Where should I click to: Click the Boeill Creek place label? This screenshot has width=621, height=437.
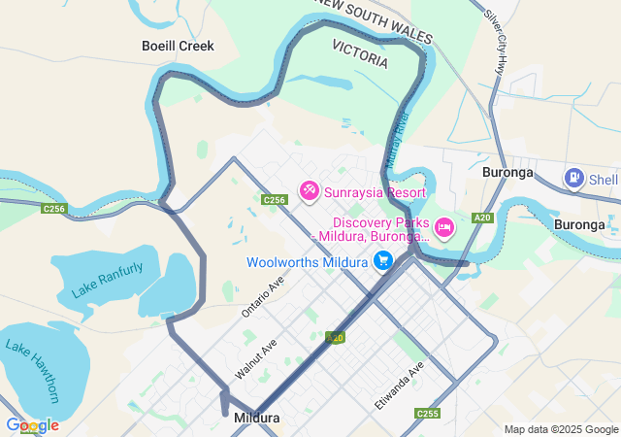pyautogui.click(x=178, y=46)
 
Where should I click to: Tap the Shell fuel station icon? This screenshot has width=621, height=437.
pyautogui.click(x=574, y=178)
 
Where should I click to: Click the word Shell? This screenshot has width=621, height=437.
pyautogui.click(x=604, y=179)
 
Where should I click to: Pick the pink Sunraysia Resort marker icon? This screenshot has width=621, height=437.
pyautogui.click(x=309, y=191)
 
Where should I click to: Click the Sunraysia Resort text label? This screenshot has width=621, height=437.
pyautogui.click(x=375, y=192)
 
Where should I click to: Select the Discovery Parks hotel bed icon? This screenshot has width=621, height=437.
pyautogui.click(x=444, y=227)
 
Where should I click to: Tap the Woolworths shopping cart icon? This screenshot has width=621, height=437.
pyautogui.click(x=383, y=261)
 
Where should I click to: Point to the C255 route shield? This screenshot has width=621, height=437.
pyautogui.click(x=427, y=414)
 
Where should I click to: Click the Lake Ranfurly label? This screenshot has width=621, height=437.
pyautogui.click(x=107, y=280)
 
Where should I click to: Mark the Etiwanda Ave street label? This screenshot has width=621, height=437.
pyautogui.click(x=402, y=384)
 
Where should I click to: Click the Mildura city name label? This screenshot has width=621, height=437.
pyautogui.click(x=257, y=419)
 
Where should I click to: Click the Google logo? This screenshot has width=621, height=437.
pyautogui.click(x=32, y=425)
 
